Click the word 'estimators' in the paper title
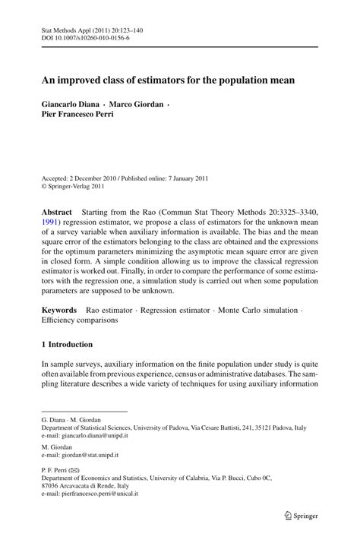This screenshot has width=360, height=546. (163, 79)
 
